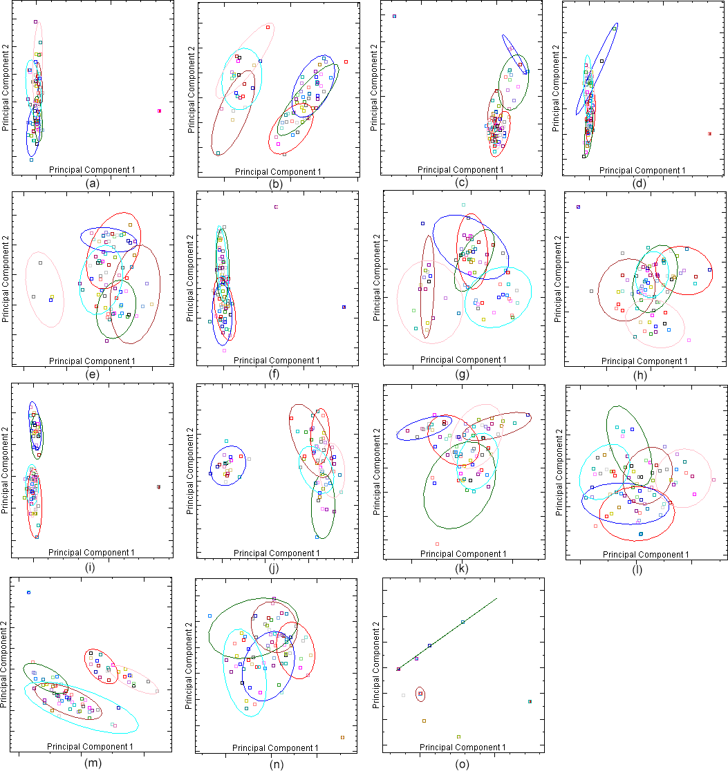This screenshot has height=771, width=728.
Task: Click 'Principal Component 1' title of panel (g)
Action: point(463,360)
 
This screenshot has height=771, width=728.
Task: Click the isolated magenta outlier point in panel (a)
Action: point(159,111)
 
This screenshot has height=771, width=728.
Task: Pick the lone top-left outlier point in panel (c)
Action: point(394,16)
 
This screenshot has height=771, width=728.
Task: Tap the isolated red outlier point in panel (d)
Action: point(709,133)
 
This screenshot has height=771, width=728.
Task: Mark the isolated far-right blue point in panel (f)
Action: point(344,307)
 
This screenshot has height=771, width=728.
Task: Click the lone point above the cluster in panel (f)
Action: point(276,207)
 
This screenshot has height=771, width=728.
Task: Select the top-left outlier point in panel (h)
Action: point(578,207)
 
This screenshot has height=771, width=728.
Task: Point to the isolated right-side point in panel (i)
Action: point(159,487)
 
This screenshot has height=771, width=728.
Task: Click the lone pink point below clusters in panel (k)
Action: point(437,544)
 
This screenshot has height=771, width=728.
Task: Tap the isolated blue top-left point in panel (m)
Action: point(28,592)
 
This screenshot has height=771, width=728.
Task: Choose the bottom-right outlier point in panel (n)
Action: point(342,737)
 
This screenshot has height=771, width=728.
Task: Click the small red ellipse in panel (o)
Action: point(420,694)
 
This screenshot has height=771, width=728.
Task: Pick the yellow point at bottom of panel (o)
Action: point(458,736)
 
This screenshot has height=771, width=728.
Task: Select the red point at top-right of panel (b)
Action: point(346,61)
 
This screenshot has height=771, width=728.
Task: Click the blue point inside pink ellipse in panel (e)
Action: point(51,299)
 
